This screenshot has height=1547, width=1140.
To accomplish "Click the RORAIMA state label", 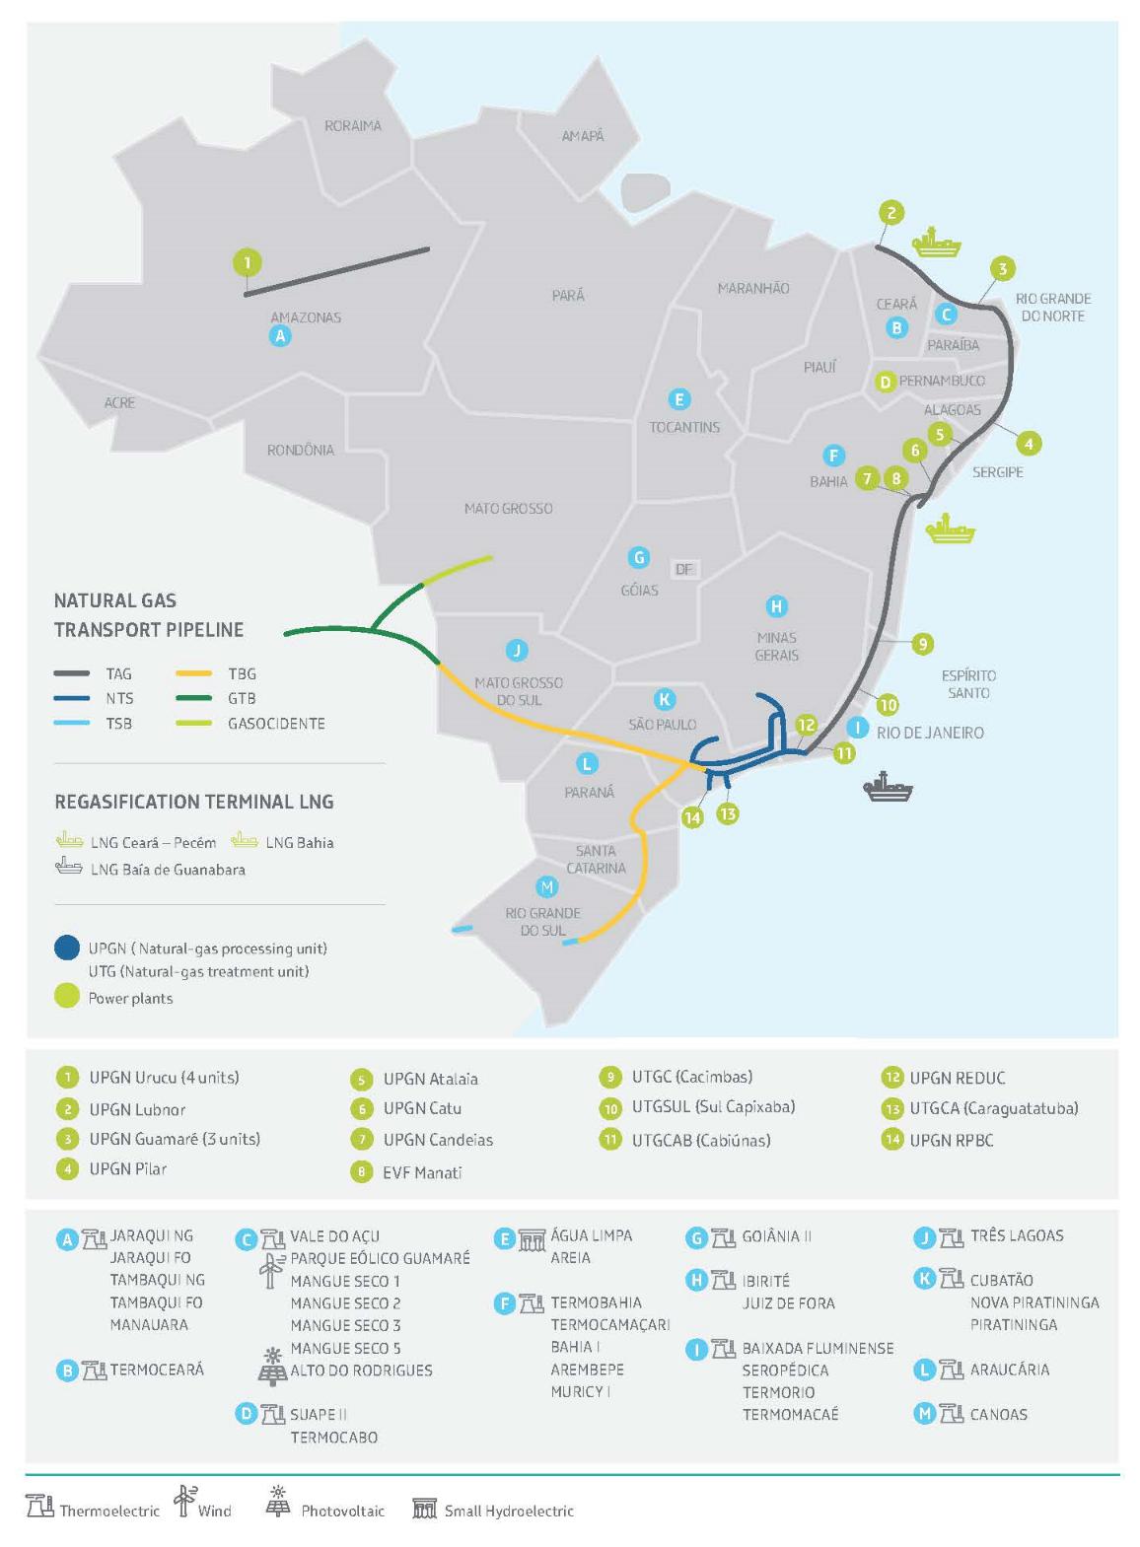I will click(x=352, y=126).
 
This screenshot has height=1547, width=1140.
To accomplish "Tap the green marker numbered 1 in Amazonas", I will click(x=247, y=262).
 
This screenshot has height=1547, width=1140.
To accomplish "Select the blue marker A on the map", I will click(x=280, y=336).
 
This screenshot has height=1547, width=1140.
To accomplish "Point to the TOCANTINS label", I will click(x=683, y=427).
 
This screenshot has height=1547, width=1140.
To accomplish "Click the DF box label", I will click(x=683, y=569).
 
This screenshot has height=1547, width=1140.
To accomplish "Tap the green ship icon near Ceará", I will click(x=935, y=242).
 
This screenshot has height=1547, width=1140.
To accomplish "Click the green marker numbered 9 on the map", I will click(x=922, y=644).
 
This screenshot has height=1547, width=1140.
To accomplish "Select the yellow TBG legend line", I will click(x=194, y=673).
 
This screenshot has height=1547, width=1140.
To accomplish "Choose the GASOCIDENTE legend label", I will click(x=276, y=723).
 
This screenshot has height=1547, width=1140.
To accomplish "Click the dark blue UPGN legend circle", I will click(x=67, y=948).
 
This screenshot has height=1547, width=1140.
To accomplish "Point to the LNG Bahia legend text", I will click(x=300, y=842).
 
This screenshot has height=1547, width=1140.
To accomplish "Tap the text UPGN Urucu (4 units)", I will click(x=164, y=1077).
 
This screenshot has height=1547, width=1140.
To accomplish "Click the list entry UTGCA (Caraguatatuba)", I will click(x=993, y=1108).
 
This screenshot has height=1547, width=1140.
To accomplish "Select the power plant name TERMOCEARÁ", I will click(x=157, y=1370).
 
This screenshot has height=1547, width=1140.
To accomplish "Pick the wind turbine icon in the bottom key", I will click(x=184, y=1501).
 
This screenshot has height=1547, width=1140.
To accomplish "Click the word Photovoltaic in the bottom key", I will click(x=342, y=1511).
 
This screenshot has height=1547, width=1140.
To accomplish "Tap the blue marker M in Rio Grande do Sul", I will click(x=545, y=886).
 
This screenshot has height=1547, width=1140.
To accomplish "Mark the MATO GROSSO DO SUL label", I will click(x=519, y=691).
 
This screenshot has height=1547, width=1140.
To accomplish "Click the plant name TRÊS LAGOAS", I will click(x=1017, y=1235).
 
